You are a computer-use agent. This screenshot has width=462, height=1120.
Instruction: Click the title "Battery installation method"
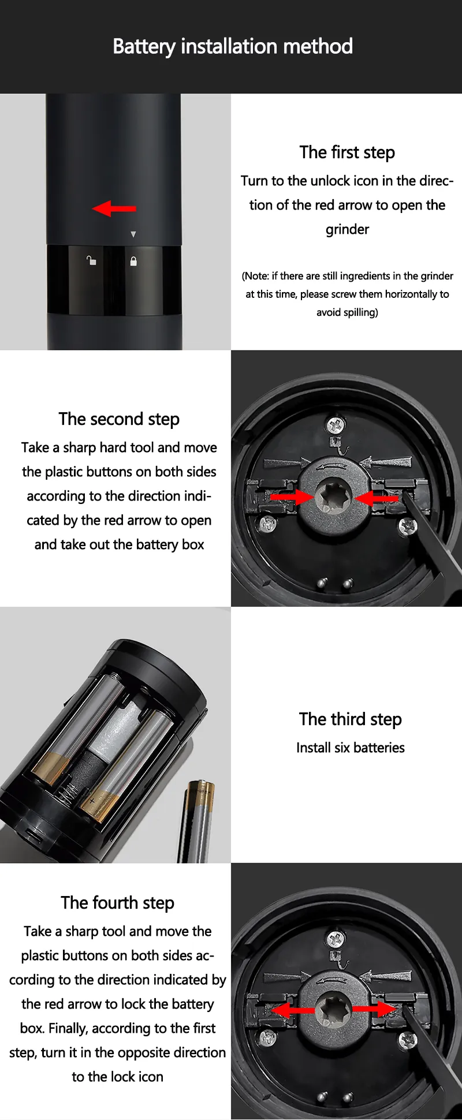(x=233, y=46)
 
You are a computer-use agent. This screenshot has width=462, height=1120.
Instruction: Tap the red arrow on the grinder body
(x=114, y=208)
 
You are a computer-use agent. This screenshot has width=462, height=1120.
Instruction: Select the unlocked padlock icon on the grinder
(x=91, y=260)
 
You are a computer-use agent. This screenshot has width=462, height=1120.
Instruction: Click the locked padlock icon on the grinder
(x=133, y=261)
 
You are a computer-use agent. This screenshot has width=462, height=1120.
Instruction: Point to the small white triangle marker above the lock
(x=133, y=234)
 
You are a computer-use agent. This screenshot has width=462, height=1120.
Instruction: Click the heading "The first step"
(x=347, y=152)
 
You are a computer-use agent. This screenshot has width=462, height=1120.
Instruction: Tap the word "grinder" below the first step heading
(x=347, y=230)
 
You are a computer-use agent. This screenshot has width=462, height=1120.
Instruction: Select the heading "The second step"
(x=119, y=419)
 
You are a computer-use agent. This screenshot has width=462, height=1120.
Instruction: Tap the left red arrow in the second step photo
(x=292, y=496)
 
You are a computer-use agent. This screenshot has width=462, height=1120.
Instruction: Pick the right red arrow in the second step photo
(x=377, y=498)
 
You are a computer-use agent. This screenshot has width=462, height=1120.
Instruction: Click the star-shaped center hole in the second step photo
(x=333, y=496)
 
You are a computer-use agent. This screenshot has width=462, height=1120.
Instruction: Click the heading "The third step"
(x=351, y=719)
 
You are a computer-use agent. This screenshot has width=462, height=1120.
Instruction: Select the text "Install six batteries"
(x=351, y=748)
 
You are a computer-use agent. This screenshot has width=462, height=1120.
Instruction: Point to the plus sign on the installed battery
(x=92, y=801)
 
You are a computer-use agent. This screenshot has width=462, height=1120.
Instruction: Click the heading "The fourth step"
(x=117, y=903)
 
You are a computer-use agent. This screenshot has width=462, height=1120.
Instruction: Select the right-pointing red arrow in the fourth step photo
(x=374, y=1009)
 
